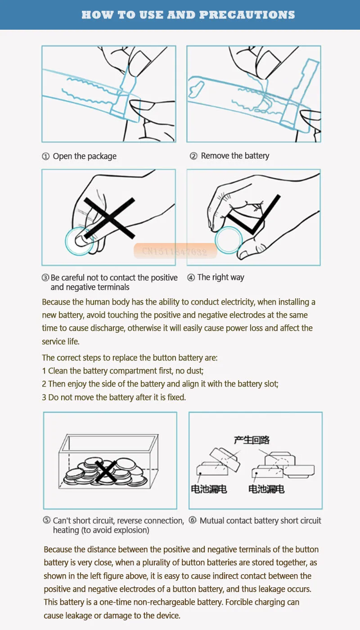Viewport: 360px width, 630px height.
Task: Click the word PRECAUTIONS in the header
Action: coord(247,15)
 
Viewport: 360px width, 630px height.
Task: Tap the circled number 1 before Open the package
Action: coord(45,157)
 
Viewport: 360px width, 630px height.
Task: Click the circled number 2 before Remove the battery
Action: coord(193,156)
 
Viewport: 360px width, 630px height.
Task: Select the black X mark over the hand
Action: coord(109,218)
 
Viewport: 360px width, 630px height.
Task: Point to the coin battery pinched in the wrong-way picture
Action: coord(79,241)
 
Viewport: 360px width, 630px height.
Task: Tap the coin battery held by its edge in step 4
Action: coord(229,240)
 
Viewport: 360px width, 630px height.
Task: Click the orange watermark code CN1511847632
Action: coord(175,251)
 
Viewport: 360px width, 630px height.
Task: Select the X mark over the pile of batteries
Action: coord(106,471)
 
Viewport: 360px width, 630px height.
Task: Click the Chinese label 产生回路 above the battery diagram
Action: coord(252,440)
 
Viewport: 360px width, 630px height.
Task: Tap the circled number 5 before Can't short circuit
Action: coord(47,520)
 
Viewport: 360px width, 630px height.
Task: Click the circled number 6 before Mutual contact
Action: coord(193,520)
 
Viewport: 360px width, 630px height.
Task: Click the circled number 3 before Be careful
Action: coord(45,278)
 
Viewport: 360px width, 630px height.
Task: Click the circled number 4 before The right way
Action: coord(191,278)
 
